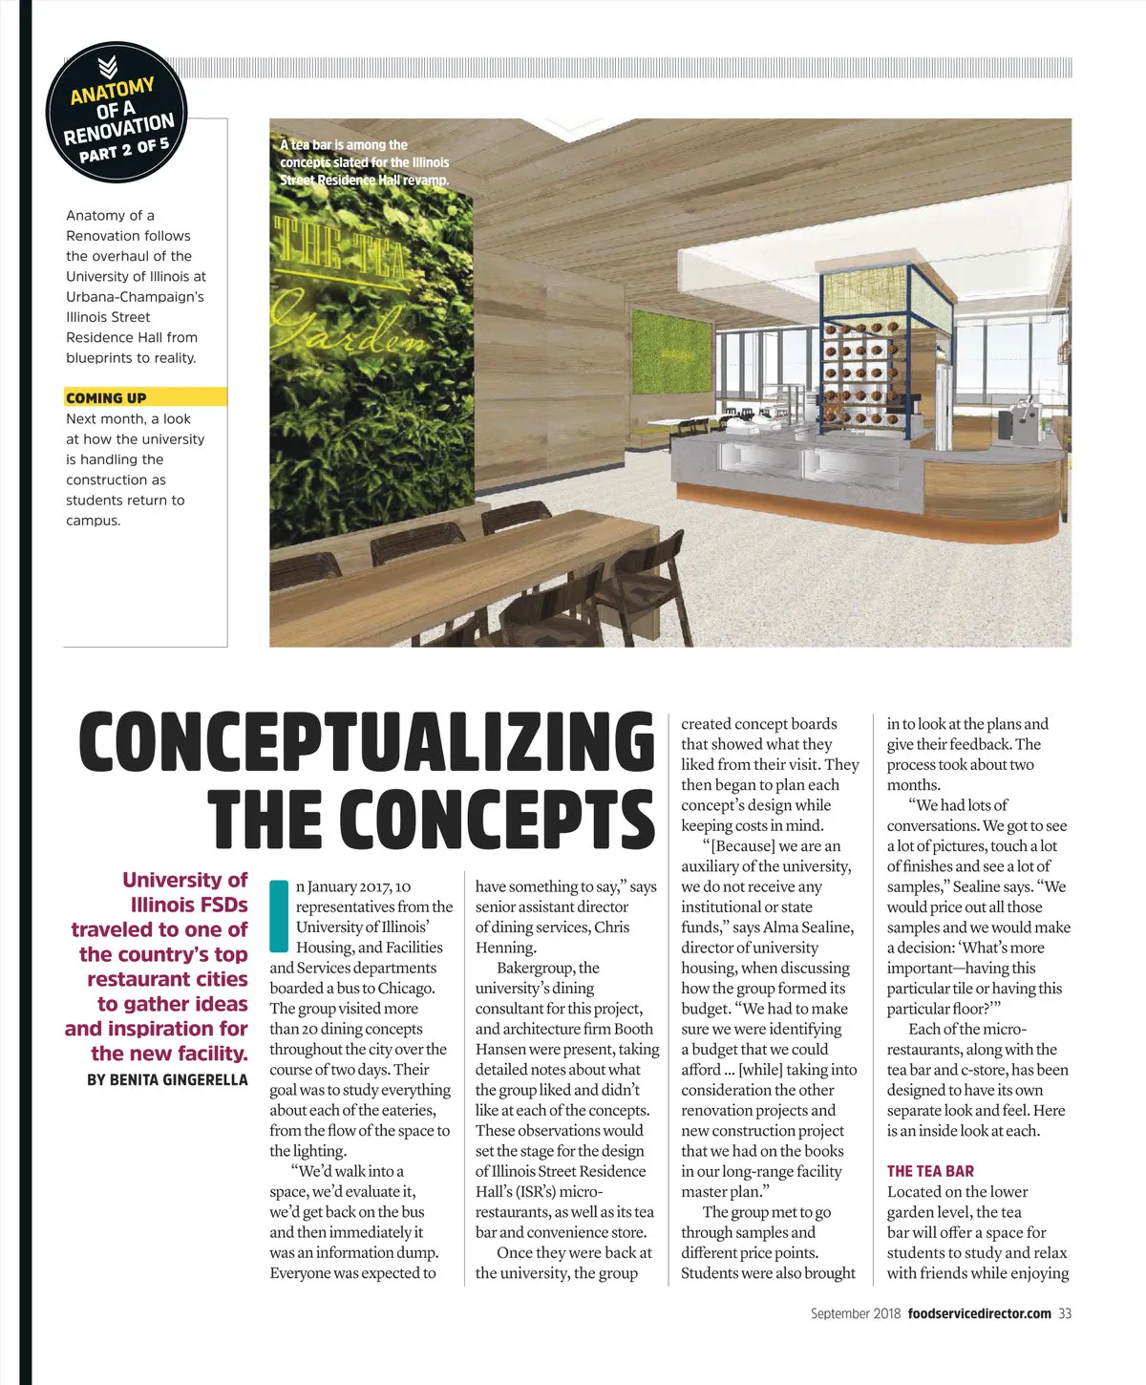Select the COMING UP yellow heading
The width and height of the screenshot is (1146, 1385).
click(106, 397)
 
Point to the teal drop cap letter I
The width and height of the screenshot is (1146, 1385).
click(279, 915)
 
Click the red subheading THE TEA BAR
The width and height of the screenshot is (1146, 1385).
click(930, 1171)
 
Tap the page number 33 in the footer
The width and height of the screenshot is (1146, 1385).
click(1064, 1313)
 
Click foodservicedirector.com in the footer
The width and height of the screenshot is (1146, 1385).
click(980, 1313)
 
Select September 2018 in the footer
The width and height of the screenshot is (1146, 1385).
click(855, 1313)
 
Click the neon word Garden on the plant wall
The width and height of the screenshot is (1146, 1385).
click(349, 326)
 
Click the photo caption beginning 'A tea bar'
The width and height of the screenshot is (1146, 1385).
click(364, 162)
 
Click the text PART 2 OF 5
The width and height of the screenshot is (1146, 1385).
click(124, 149)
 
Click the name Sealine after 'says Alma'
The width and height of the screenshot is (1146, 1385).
click(822, 927)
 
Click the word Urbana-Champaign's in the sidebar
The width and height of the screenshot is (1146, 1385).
click(135, 296)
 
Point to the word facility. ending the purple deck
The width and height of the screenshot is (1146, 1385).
click(209, 1054)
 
